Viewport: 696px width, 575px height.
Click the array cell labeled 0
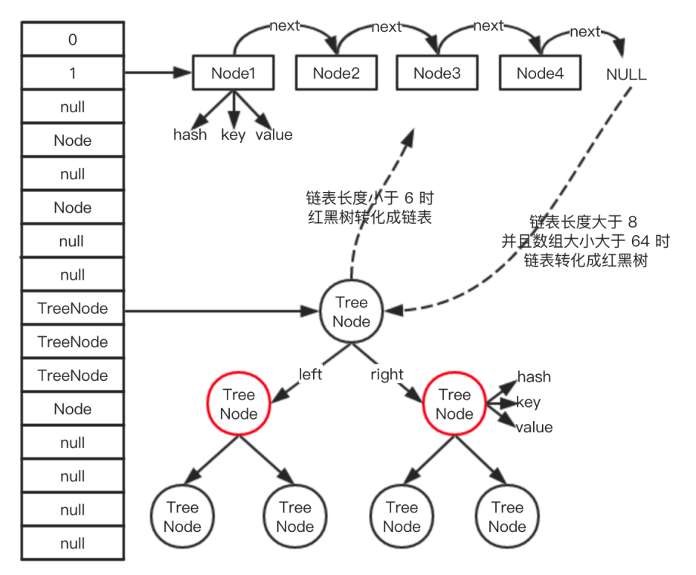(73, 39)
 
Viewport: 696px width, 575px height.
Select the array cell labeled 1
(73, 73)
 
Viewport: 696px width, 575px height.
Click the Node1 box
(233, 73)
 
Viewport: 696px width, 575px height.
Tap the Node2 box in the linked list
(336, 73)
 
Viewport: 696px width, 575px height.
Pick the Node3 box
(437, 73)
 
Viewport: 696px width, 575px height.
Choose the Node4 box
(540, 73)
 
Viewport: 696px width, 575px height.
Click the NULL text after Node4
(626, 75)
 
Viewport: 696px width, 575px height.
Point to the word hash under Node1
(190, 135)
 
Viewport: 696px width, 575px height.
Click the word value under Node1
(274, 135)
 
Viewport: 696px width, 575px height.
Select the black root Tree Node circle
(352, 312)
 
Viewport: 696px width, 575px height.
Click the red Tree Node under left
(239, 405)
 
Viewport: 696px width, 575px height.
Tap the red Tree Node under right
(454, 405)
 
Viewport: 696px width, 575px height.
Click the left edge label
(310, 374)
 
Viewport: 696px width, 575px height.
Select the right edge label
(387, 374)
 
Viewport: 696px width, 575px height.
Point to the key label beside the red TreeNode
(529, 402)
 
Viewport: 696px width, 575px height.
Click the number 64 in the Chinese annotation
(639, 241)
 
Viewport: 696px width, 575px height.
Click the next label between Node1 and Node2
(285, 26)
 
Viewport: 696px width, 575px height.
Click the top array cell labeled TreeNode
(73, 308)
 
